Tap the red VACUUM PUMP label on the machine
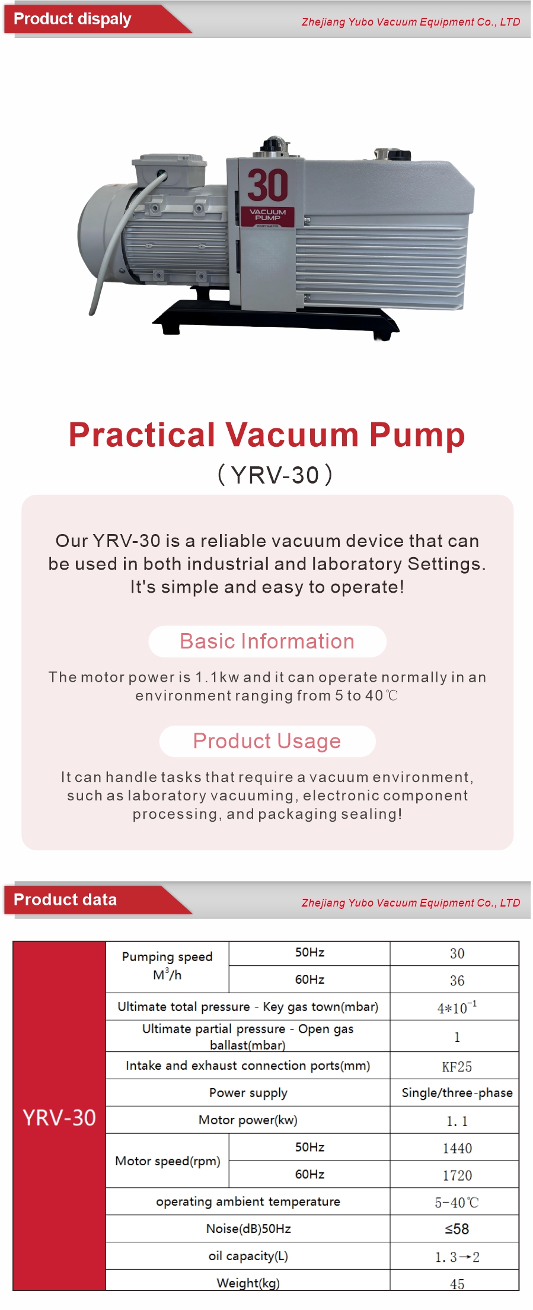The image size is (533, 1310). click(x=267, y=216)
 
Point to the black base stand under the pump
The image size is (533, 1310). click(x=276, y=320)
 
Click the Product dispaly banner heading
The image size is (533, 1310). click(x=72, y=19)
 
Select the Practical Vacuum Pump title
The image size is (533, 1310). click(x=267, y=434)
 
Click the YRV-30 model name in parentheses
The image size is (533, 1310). click(x=275, y=475)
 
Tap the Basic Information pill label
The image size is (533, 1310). click(x=267, y=641)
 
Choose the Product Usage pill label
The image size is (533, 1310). click(x=267, y=741)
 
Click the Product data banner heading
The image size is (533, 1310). click(x=65, y=899)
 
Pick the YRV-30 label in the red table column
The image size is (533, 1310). click(x=59, y=1118)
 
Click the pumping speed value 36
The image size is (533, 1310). click(x=457, y=981)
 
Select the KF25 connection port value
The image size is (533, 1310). click(x=457, y=1067)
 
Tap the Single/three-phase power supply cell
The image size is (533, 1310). click(x=457, y=1093)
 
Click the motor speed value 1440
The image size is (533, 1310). click(x=457, y=1149)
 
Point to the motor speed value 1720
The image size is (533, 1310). click(x=457, y=1175)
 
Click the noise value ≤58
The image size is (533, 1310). click(x=457, y=1229)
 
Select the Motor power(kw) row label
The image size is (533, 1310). click(x=248, y=1120)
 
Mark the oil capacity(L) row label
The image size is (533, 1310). click(x=248, y=1256)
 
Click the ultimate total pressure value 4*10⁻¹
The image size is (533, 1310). click(x=457, y=1007)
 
